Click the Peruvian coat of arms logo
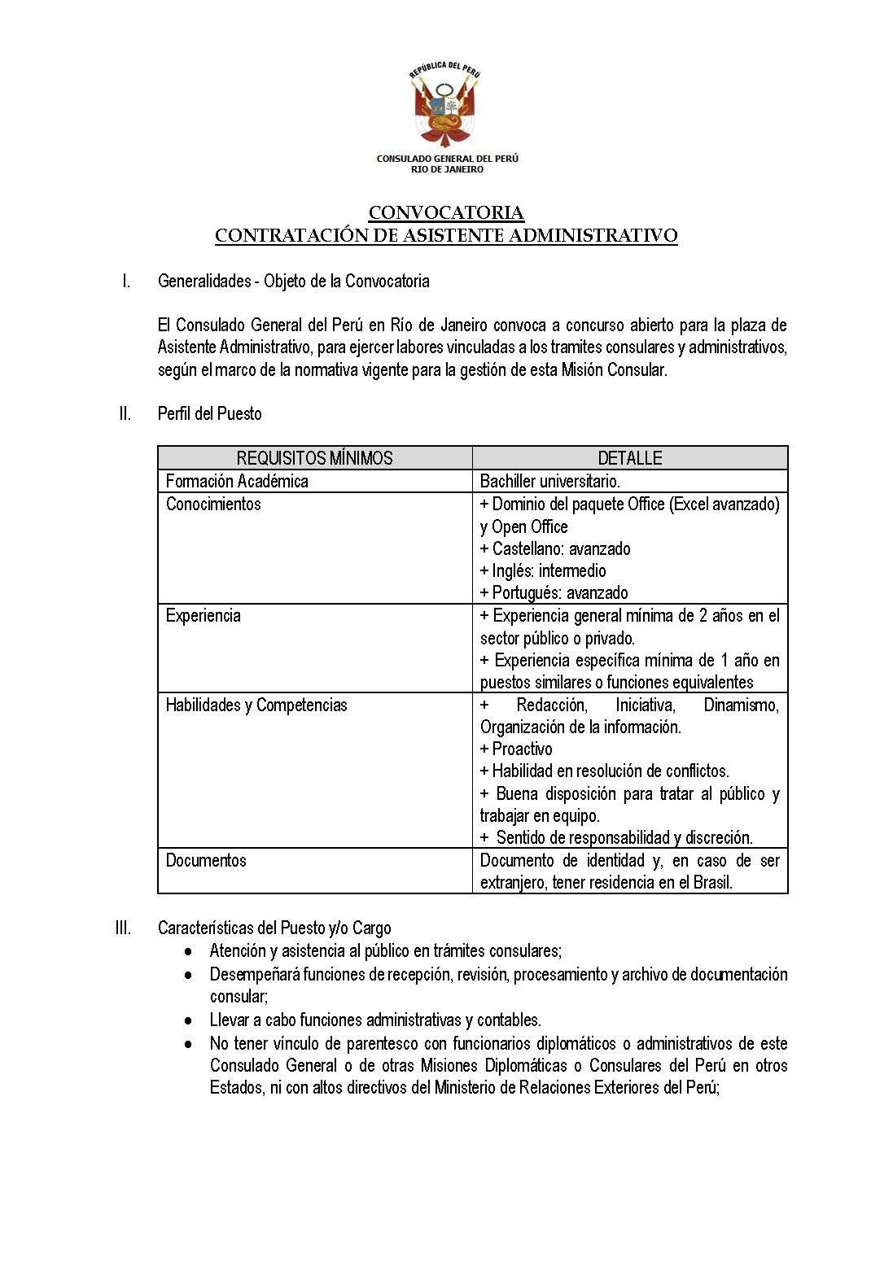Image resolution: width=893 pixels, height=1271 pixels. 445,106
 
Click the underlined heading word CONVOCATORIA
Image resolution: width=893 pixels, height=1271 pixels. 446,213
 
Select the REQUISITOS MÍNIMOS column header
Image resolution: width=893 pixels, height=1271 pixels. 314,458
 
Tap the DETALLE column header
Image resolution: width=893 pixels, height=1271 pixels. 629,458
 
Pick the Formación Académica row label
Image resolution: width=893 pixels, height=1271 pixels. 237,481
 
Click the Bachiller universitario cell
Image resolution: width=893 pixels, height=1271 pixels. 549,481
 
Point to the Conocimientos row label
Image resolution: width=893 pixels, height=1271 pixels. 213,504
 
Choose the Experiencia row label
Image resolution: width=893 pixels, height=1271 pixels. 204,615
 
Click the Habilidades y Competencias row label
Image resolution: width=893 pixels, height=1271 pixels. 256,705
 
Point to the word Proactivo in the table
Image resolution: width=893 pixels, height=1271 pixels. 522,749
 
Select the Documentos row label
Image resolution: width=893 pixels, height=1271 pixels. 206,860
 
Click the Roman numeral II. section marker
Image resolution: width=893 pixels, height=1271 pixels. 125,413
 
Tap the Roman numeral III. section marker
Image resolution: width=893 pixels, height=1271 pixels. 124,928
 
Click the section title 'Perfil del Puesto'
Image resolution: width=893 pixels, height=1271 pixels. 210,413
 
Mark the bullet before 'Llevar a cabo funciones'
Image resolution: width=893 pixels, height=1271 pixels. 189,1020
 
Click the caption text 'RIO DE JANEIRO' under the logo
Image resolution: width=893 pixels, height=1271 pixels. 447,169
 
